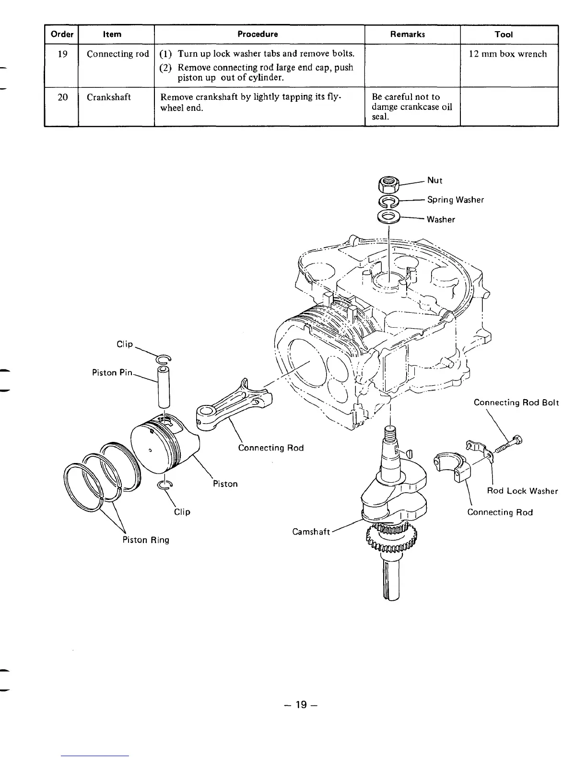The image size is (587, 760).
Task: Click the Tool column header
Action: tap(504, 34)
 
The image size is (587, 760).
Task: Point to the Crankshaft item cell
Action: tap(108, 97)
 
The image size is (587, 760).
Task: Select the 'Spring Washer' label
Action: tap(455, 200)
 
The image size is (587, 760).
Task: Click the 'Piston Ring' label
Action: tap(146, 540)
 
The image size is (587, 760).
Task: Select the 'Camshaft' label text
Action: tap(311, 532)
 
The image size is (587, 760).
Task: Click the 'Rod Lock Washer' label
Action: tap(522, 491)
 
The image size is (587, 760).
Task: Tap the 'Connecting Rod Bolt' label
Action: tap(516, 403)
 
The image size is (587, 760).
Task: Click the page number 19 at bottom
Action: tap(301, 704)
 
